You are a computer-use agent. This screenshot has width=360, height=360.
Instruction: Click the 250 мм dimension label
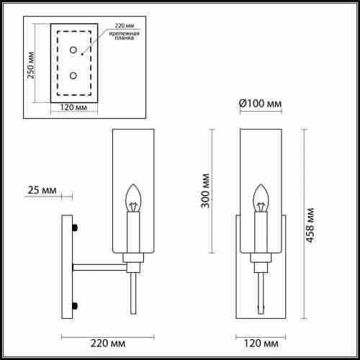31,66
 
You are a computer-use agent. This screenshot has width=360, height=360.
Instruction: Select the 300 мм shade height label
205,190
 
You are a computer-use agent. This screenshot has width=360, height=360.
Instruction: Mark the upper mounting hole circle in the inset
72,50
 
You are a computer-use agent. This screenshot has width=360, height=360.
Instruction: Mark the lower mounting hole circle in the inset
72,75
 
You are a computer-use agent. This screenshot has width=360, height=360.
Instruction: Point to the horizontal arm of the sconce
99,266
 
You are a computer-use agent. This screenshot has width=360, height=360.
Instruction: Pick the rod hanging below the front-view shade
259,295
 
